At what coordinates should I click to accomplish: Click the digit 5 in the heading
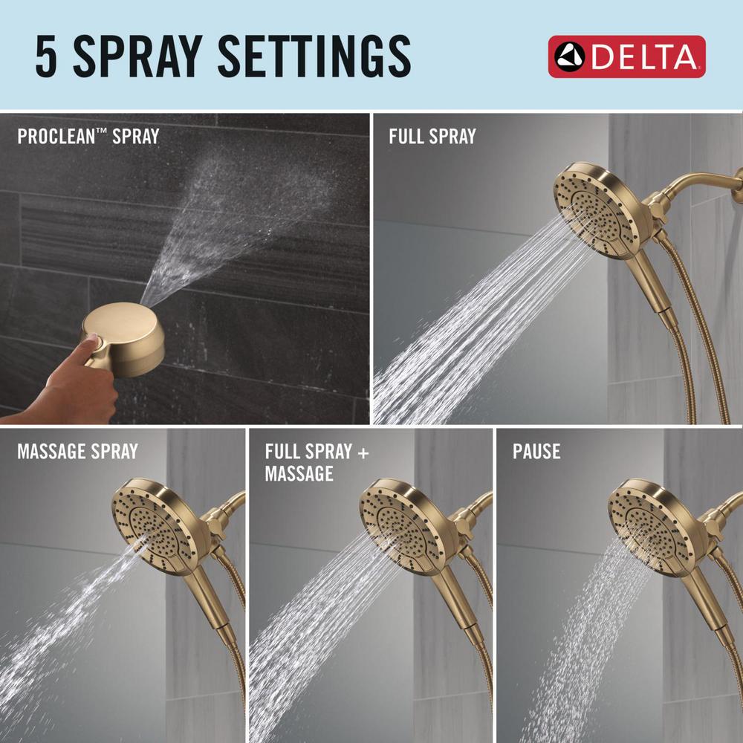(48, 56)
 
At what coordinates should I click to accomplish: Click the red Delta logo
(626, 56)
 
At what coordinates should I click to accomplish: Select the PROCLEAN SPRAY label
(88, 137)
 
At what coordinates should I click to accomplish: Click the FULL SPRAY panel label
(432, 137)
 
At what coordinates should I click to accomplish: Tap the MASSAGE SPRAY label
(77, 451)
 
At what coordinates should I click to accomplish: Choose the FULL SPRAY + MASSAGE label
(317, 462)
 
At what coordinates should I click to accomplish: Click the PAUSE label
(536, 451)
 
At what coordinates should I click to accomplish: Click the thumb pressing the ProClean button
(89, 343)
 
